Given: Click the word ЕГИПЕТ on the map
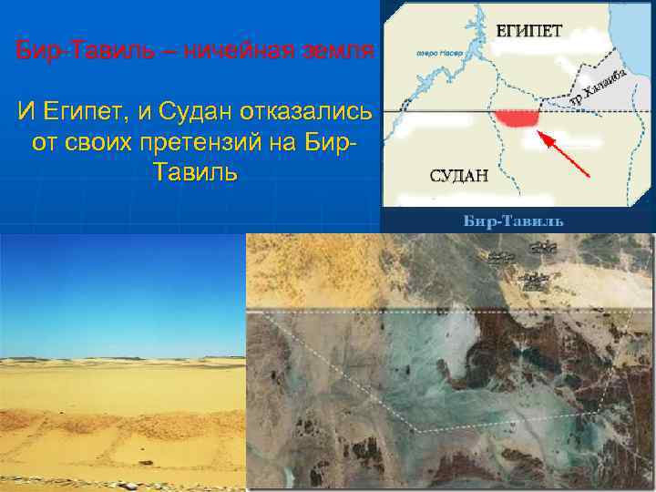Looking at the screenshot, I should click(x=528, y=29).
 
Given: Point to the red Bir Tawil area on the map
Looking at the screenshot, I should click(x=518, y=118).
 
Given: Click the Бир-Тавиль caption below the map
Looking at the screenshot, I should click(x=515, y=221).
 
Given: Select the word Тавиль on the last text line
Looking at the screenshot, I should click(x=195, y=172).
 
